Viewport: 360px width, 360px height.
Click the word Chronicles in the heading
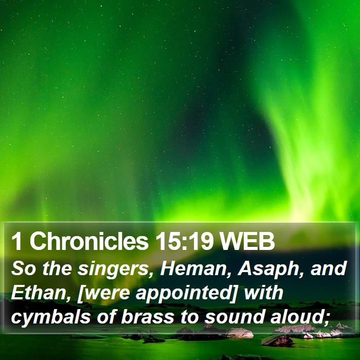point(89,241)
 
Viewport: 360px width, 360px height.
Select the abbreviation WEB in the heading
point(246,242)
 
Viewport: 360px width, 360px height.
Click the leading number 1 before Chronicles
point(16,242)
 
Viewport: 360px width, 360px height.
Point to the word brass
point(147,317)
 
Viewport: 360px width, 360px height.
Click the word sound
point(233,317)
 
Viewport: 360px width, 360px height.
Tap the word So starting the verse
point(23,269)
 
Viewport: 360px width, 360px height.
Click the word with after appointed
point(263,293)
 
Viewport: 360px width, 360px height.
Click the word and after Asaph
point(328,269)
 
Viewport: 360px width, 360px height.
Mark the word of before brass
point(106,317)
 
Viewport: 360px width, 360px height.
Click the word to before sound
point(189,317)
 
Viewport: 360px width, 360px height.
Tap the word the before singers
point(57,269)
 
